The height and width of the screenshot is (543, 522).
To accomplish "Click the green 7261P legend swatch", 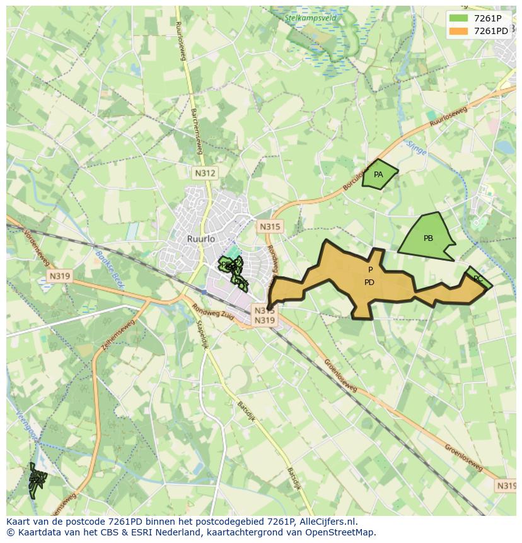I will click(458, 18).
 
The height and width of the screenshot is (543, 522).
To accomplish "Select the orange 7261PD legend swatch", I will click(458, 31).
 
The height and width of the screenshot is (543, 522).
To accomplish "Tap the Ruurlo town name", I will click(201, 239).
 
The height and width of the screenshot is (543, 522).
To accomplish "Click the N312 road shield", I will click(205, 173).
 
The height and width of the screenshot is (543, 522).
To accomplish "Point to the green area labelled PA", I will click(378, 175).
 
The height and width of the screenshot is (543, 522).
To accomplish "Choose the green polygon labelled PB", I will click(428, 238).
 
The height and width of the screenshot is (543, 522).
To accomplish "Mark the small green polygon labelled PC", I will click(478, 278).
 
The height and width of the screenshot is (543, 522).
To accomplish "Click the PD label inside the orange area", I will click(369, 283).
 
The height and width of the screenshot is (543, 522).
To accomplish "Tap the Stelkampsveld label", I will click(311, 18).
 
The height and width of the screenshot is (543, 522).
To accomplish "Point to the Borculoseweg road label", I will click(354, 180).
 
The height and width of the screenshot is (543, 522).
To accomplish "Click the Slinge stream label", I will click(416, 148).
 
